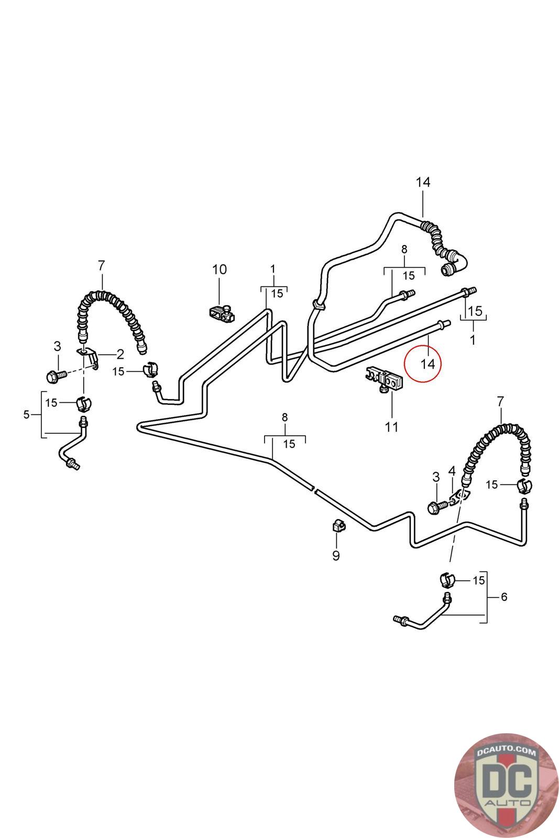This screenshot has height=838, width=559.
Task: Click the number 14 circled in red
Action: click(428, 363)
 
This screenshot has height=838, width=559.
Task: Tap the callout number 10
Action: click(220, 269)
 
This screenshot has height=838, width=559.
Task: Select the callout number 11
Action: click(391, 427)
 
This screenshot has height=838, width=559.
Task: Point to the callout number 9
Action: click(336, 555)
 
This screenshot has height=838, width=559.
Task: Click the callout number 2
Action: click(120, 354)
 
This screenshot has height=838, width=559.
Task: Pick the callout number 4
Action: click(452, 471)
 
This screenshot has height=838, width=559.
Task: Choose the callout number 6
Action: click(504, 597)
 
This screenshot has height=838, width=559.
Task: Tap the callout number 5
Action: click(27, 415)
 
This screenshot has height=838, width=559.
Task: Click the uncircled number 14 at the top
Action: click(423, 182)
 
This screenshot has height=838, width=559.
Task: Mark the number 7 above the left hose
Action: click(102, 266)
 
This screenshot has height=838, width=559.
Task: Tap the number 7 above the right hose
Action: click(500, 402)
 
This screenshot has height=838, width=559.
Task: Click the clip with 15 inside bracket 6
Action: click(446, 580)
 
